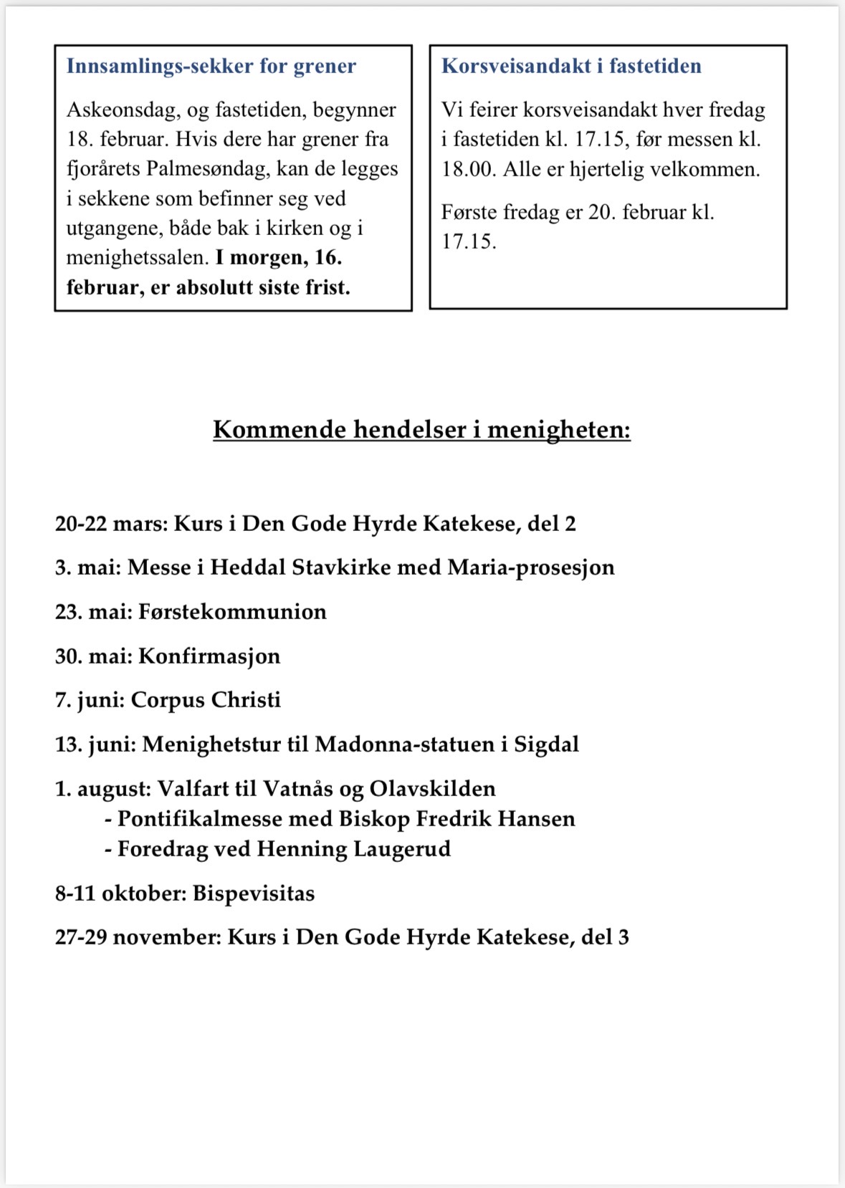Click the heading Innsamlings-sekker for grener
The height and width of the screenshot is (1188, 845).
tap(211, 67)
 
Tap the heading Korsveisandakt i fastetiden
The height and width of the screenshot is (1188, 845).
tap(571, 67)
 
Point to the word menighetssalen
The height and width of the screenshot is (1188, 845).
tap(137, 257)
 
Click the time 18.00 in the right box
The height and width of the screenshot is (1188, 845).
tap(468, 170)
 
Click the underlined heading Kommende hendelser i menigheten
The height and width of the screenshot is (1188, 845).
tap(421, 430)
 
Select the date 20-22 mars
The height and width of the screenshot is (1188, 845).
tap(111, 524)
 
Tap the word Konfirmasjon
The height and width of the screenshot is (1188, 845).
tap(209, 656)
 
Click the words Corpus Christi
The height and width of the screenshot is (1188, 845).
tap(206, 700)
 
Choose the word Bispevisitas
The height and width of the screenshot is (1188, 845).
tap(254, 894)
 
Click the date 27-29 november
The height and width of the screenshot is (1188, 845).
tap(138, 937)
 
